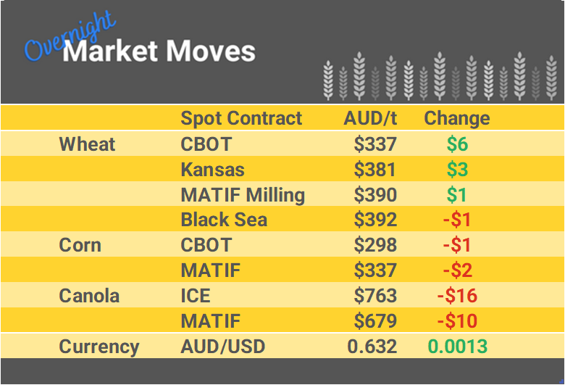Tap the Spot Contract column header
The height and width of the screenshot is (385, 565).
click(x=241, y=118)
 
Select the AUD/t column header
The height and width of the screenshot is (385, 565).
click(x=370, y=118)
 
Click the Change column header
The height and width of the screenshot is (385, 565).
click(x=456, y=118)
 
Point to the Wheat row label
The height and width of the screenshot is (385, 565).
click(x=87, y=144)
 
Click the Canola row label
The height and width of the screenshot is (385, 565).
click(x=89, y=296)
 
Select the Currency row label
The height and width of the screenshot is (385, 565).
click(x=99, y=347)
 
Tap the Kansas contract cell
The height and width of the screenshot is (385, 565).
click(x=212, y=170)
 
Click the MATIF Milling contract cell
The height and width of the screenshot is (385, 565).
click(x=243, y=195)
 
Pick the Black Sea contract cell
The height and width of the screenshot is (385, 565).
click(x=224, y=220)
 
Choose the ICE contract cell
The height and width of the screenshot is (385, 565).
click(x=196, y=296)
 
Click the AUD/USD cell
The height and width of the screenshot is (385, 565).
click(x=222, y=347)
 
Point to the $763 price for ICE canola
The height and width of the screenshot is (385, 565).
click(x=375, y=296)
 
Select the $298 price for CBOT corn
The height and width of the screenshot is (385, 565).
click(x=375, y=245)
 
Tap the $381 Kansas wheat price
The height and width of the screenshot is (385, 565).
click(x=375, y=170)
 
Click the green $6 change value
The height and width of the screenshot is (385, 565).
click(x=457, y=144)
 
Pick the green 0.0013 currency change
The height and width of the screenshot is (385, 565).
click(x=457, y=347)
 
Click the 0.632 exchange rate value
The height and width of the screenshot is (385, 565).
click(x=372, y=347)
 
